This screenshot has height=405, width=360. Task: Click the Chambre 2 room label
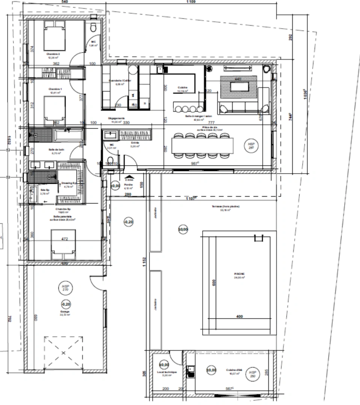point(53,54)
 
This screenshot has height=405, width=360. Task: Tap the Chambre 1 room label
point(54,89)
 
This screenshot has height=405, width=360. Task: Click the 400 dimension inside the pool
point(239,316)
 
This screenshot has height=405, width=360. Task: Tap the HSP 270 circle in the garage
point(66,288)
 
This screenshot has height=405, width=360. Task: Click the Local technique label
point(164,372)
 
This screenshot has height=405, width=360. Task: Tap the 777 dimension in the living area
point(211,123)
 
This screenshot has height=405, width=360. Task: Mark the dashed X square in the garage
point(63,352)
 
